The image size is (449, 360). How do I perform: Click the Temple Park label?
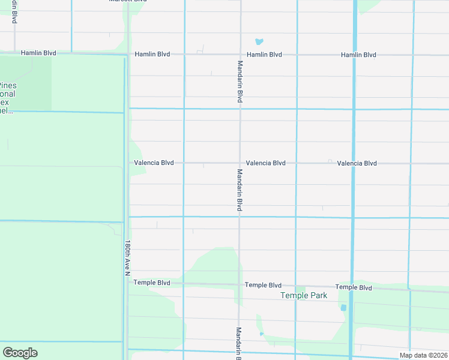(304, 296)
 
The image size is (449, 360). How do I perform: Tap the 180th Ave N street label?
(127, 259)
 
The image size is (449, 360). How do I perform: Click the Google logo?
(20, 353)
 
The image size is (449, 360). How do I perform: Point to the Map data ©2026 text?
(423, 355)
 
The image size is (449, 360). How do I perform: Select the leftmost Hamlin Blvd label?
(38, 53)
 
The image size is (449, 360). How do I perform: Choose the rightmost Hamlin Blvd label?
(358, 55)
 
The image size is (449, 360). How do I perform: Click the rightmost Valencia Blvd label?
(357, 163)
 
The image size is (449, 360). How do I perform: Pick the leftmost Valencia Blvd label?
(154, 163)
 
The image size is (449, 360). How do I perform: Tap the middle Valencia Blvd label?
(265, 163)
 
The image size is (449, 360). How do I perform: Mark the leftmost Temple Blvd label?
(152, 283)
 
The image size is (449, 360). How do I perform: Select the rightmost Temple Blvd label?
(354, 287)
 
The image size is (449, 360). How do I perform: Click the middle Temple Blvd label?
(263, 285)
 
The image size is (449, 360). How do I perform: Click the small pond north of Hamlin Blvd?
(259, 42)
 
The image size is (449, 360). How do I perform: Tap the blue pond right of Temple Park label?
(344, 308)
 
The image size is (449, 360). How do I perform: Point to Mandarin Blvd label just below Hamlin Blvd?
(240, 82)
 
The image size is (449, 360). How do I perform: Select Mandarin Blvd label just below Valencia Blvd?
(239, 190)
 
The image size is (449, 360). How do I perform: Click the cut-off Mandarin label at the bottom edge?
(238, 343)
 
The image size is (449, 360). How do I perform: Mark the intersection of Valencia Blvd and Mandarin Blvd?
(240, 163)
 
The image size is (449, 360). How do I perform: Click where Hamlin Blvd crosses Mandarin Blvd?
(240, 55)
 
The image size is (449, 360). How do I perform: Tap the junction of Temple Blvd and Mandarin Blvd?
(240, 284)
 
